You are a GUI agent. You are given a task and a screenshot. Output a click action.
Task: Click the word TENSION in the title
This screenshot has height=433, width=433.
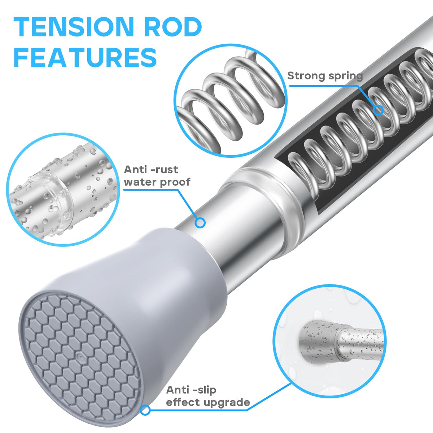pos(74,27)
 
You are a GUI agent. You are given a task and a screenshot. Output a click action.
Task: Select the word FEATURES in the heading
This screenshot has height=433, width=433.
pos(85,57)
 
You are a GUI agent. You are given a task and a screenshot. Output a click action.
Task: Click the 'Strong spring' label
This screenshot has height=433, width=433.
pos(325,76)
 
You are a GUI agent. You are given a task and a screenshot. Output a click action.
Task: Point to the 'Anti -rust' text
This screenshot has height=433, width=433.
pos(151,170)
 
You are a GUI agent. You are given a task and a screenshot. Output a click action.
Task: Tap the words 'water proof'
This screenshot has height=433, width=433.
pos(157,182)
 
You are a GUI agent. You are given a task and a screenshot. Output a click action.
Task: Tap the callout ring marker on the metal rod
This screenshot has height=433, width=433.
pos(200,223)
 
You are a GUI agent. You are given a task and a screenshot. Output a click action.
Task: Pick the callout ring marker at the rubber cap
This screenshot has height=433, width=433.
pos(145,410)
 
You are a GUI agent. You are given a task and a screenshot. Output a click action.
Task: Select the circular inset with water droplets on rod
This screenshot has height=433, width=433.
pos(62,189)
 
